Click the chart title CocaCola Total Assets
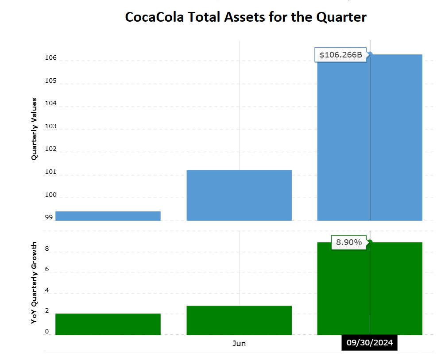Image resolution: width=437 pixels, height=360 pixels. [245, 17]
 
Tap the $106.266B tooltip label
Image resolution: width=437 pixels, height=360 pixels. [340, 55]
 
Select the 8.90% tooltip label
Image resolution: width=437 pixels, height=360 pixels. [349, 242]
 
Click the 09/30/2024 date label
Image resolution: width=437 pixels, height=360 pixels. [369, 343]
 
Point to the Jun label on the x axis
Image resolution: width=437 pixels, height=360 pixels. [239, 344]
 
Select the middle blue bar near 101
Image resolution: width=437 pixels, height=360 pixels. [239, 195]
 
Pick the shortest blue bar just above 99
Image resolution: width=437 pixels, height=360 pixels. [108, 216]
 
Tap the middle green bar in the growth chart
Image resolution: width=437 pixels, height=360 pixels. [239, 320]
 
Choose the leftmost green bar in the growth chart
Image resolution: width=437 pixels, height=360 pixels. [108, 324]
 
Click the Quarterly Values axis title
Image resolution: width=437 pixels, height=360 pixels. [34, 129]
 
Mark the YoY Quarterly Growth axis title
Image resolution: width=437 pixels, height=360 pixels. [34, 283]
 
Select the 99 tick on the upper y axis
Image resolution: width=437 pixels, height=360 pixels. [49, 218]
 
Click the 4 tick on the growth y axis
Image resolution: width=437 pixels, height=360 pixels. [47, 291]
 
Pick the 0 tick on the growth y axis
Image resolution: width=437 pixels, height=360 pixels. [47, 332]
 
